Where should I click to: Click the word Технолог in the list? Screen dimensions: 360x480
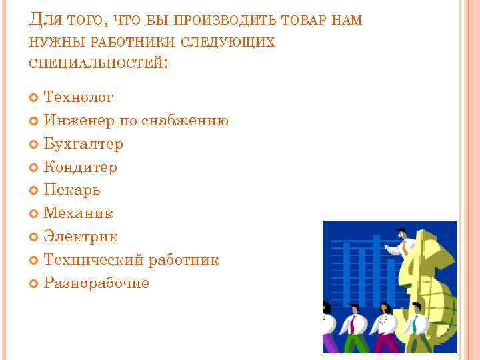(x=79, y=98)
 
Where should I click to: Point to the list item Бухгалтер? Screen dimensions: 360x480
(x=83, y=144)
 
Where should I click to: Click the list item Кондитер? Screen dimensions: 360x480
(x=81, y=167)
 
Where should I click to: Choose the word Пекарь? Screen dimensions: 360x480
(x=72, y=190)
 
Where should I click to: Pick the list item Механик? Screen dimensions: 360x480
(x=79, y=213)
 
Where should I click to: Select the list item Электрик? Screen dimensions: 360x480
(x=81, y=236)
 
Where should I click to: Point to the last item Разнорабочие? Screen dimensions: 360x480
(x=97, y=283)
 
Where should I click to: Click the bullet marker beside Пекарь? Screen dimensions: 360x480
(x=35, y=191)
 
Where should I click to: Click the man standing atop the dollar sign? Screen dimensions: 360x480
(x=403, y=244)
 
